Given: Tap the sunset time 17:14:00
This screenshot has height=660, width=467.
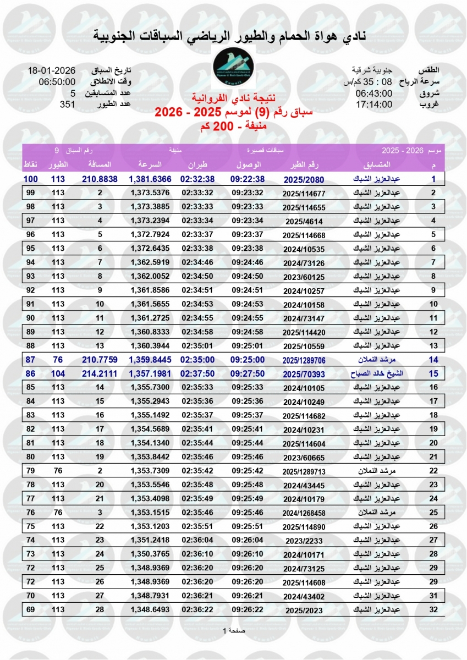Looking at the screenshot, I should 373,104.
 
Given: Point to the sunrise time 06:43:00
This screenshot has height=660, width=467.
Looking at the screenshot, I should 373,93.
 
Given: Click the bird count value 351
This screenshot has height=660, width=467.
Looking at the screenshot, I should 67,104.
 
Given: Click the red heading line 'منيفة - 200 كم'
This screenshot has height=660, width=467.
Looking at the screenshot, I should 233,125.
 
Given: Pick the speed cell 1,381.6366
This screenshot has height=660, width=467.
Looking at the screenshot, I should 150,179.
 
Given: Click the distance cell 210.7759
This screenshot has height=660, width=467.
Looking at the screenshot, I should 100,360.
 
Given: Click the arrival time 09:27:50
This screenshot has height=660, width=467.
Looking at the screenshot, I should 248,373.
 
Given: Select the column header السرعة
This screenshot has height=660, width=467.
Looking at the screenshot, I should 149,165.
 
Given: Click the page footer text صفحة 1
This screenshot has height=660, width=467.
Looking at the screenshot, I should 233,630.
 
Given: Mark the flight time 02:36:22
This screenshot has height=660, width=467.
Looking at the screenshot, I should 198,610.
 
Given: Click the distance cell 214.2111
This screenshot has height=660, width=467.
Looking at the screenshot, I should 100,373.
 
